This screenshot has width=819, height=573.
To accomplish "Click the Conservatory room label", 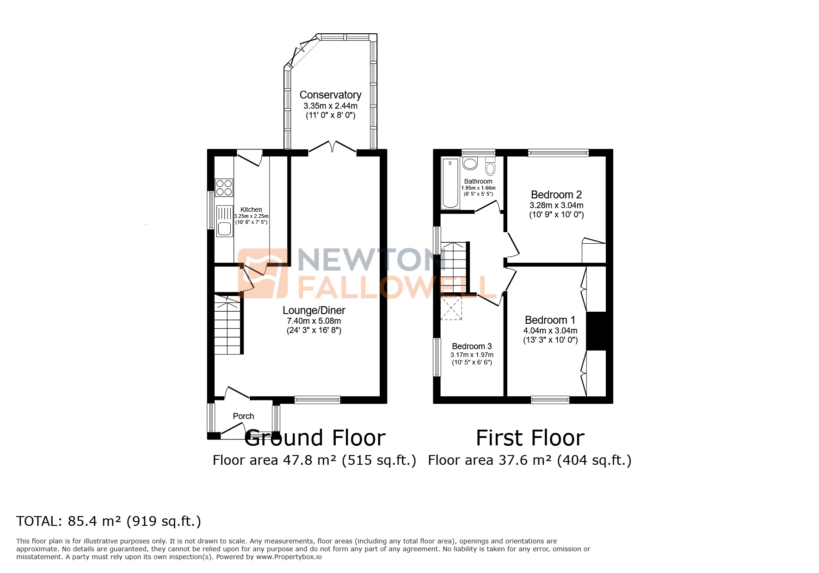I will tap(330, 95).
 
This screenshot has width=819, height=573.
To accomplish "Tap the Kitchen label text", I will tap(251, 209).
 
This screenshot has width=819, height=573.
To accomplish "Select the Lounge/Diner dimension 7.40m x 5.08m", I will tap(314, 321).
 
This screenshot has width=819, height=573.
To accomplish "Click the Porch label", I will tap(243, 416).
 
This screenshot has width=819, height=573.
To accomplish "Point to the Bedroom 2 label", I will tap(556, 195).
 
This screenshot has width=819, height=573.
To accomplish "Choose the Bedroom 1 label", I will tap(550, 320).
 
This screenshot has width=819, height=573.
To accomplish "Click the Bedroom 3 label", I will tap(472, 346).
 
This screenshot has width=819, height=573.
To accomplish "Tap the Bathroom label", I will tap(478, 181).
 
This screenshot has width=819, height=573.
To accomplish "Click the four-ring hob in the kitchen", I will tap(224, 187).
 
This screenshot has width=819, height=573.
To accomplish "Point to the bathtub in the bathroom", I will tap(450, 183).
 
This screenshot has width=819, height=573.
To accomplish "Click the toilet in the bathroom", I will tap(490, 166).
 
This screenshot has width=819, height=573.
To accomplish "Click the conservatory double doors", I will tap(333, 147).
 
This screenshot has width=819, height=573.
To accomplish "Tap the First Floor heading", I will tap(530, 438).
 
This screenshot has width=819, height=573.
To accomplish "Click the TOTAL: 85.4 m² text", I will tap(109, 521).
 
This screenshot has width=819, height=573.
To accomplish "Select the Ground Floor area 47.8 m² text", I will tap(314, 460).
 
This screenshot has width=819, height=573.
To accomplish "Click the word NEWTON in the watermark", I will tap(365, 260).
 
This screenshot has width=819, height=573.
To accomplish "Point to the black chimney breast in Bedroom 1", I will tap(596, 331).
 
